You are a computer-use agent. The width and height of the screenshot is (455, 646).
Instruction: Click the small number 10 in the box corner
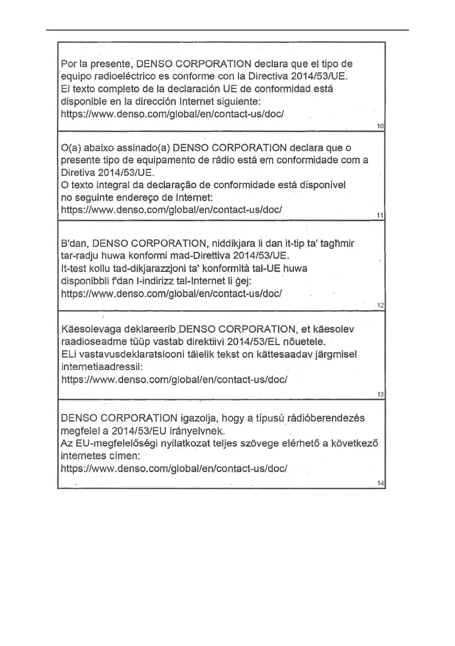coord(380,126)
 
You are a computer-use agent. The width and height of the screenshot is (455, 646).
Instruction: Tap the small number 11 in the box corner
coord(380,216)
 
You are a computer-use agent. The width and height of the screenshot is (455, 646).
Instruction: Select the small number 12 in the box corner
coord(380,306)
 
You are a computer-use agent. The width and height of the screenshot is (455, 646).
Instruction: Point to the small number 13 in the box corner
coord(380,395)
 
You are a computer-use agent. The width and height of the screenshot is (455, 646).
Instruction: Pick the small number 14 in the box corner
coord(380,483)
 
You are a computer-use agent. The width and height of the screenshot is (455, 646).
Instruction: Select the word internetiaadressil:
coord(101,367)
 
